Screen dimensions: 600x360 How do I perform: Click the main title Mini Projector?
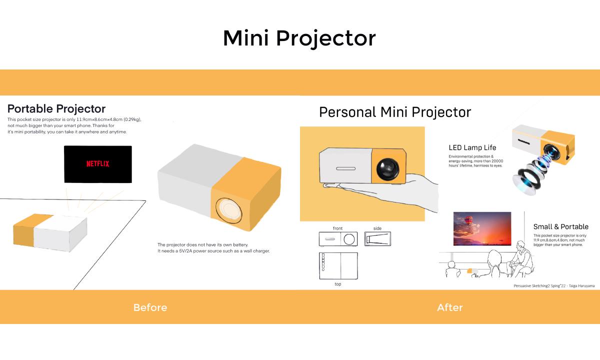pyautogui.click(x=299, y=38)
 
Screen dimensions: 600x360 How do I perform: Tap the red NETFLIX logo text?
pyautogui.click(x=98, y=163)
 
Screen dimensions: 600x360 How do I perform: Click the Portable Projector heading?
pyautogui.click(x=56, y=109)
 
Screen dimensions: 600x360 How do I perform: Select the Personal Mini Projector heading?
pyautogui.click(x=395, y=112)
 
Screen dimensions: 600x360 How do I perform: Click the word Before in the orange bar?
pyautogui.click(x=150, y=307)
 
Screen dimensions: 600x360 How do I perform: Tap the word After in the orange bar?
pyautogui.click(x=450, y=307)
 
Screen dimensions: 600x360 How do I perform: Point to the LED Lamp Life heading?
pyautogui.click(x=472, y=147)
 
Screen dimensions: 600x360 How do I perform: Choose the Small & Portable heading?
pyautogui.click(x=561, y=226)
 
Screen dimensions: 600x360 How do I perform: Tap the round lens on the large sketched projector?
pyautogui.click(x=229, y=211)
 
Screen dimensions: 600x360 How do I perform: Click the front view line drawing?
pyautogui.click(x=338, y=239)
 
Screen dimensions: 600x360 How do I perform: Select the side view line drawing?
pyautogui.click(x=377, y=238)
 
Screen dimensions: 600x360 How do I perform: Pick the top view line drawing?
pyautogui.click(x=338, y=266)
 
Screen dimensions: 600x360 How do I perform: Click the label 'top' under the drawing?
pyautogui.click(x=338, y=284)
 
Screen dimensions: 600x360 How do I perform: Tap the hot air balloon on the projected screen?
pyautogui.click(x=468, y=220)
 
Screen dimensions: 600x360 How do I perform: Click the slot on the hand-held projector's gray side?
pyautogui.click(x=346, y=168)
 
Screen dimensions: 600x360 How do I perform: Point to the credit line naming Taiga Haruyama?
pyautogui.click(x=554, y=286)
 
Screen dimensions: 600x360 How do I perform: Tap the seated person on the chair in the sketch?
pyautogui.click(x=521, y=258)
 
